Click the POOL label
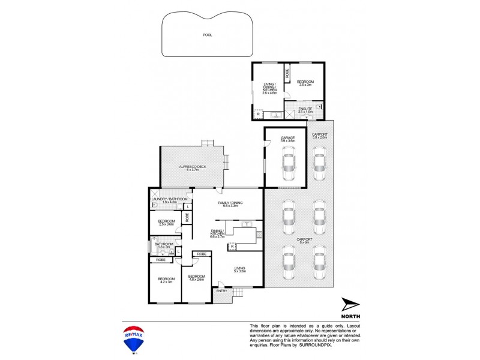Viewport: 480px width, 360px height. pos(207,35)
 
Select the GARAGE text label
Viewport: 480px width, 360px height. pos(288,138)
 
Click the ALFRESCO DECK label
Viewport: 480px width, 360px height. pos(192,167)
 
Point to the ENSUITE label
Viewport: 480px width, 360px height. pos(305,109)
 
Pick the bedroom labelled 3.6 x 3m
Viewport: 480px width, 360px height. pos(306,83)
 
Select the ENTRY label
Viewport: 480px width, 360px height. pos(222,291)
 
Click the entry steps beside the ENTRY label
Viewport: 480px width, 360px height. pos(238,292)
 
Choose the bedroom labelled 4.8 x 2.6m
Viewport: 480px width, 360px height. pos(197,277)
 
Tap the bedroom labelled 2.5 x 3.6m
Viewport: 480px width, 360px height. pos(166,222)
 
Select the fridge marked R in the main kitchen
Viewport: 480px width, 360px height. pos(232,246)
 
